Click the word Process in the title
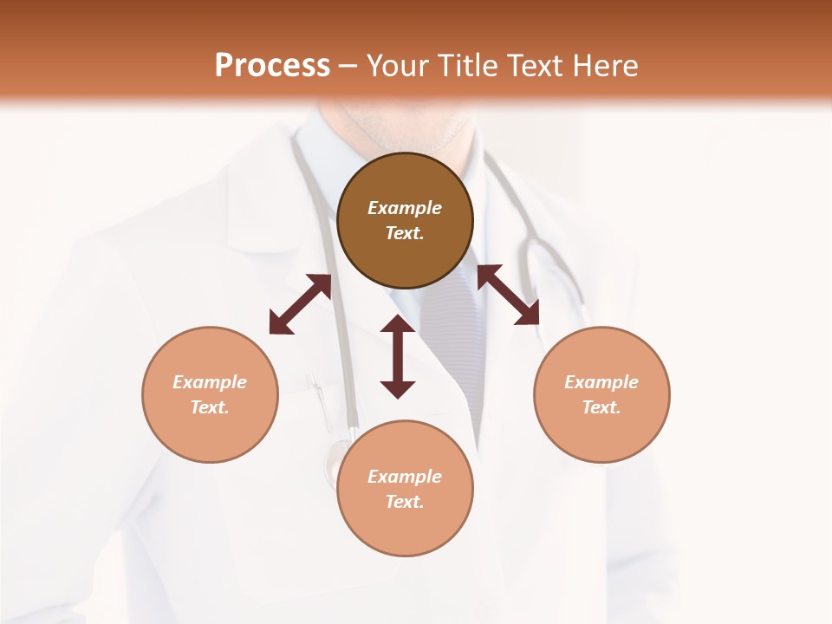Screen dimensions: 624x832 [x=272, y=66]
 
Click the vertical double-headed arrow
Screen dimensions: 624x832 [x=398, y=356]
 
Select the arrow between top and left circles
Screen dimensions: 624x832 [x=300, y=304]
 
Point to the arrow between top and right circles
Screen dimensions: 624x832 [x=509, y=295]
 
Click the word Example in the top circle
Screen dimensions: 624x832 [x=405, y=208]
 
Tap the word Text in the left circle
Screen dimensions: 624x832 [x=210, y=407]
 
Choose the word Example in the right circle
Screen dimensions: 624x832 [x=601, y=382]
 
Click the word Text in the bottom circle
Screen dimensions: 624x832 [x=405, y=502]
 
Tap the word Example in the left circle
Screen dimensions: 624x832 [x=210, y=382]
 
